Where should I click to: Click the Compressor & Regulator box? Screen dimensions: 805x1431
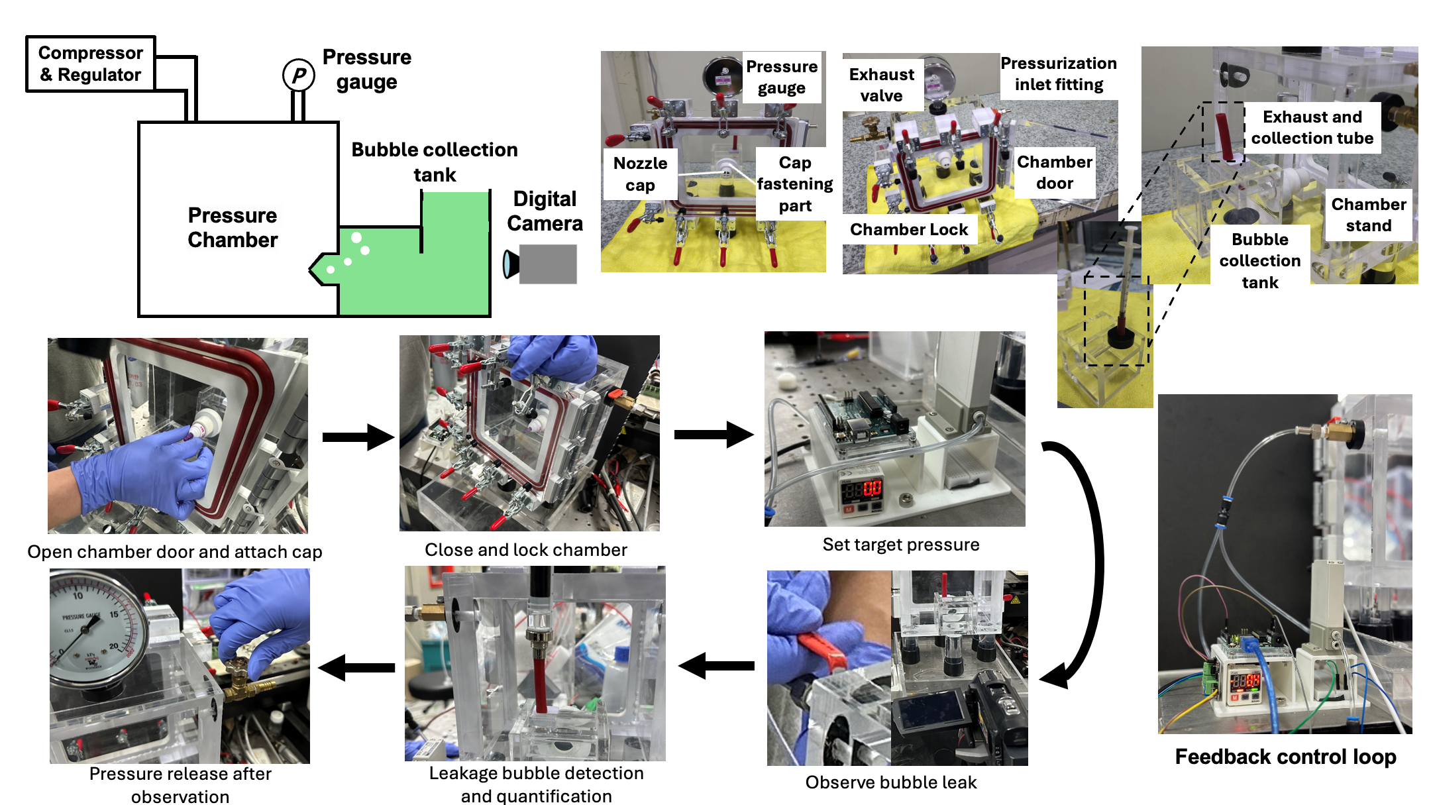[x=91, y=64]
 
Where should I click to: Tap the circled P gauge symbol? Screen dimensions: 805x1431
[x=298, y=76]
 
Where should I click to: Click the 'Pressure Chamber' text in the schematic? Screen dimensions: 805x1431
[x=233, y=227]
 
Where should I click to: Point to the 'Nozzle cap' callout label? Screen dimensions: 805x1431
[x=640, y=174]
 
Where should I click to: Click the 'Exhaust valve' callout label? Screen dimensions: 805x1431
[x=881, y=85]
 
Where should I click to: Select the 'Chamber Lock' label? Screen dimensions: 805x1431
[x=909, y=229]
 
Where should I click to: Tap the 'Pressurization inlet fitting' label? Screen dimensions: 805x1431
[x=1059, y=74]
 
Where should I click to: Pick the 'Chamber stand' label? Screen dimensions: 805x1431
[x=1368, y=215]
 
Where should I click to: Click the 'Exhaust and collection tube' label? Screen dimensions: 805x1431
[x=1312, y=127]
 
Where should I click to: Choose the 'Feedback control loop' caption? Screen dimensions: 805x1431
[x=1285, y=757]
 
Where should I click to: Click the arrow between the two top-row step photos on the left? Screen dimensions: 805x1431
[x=358, y=437]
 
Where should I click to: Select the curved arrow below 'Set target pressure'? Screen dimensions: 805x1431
[x=1077, y=563]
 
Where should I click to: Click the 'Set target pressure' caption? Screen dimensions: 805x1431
[x=901, y=545]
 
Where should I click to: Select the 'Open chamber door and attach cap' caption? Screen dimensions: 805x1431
[x=175, y=552]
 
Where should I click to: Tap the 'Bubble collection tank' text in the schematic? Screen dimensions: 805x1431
[x=435, y=162]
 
